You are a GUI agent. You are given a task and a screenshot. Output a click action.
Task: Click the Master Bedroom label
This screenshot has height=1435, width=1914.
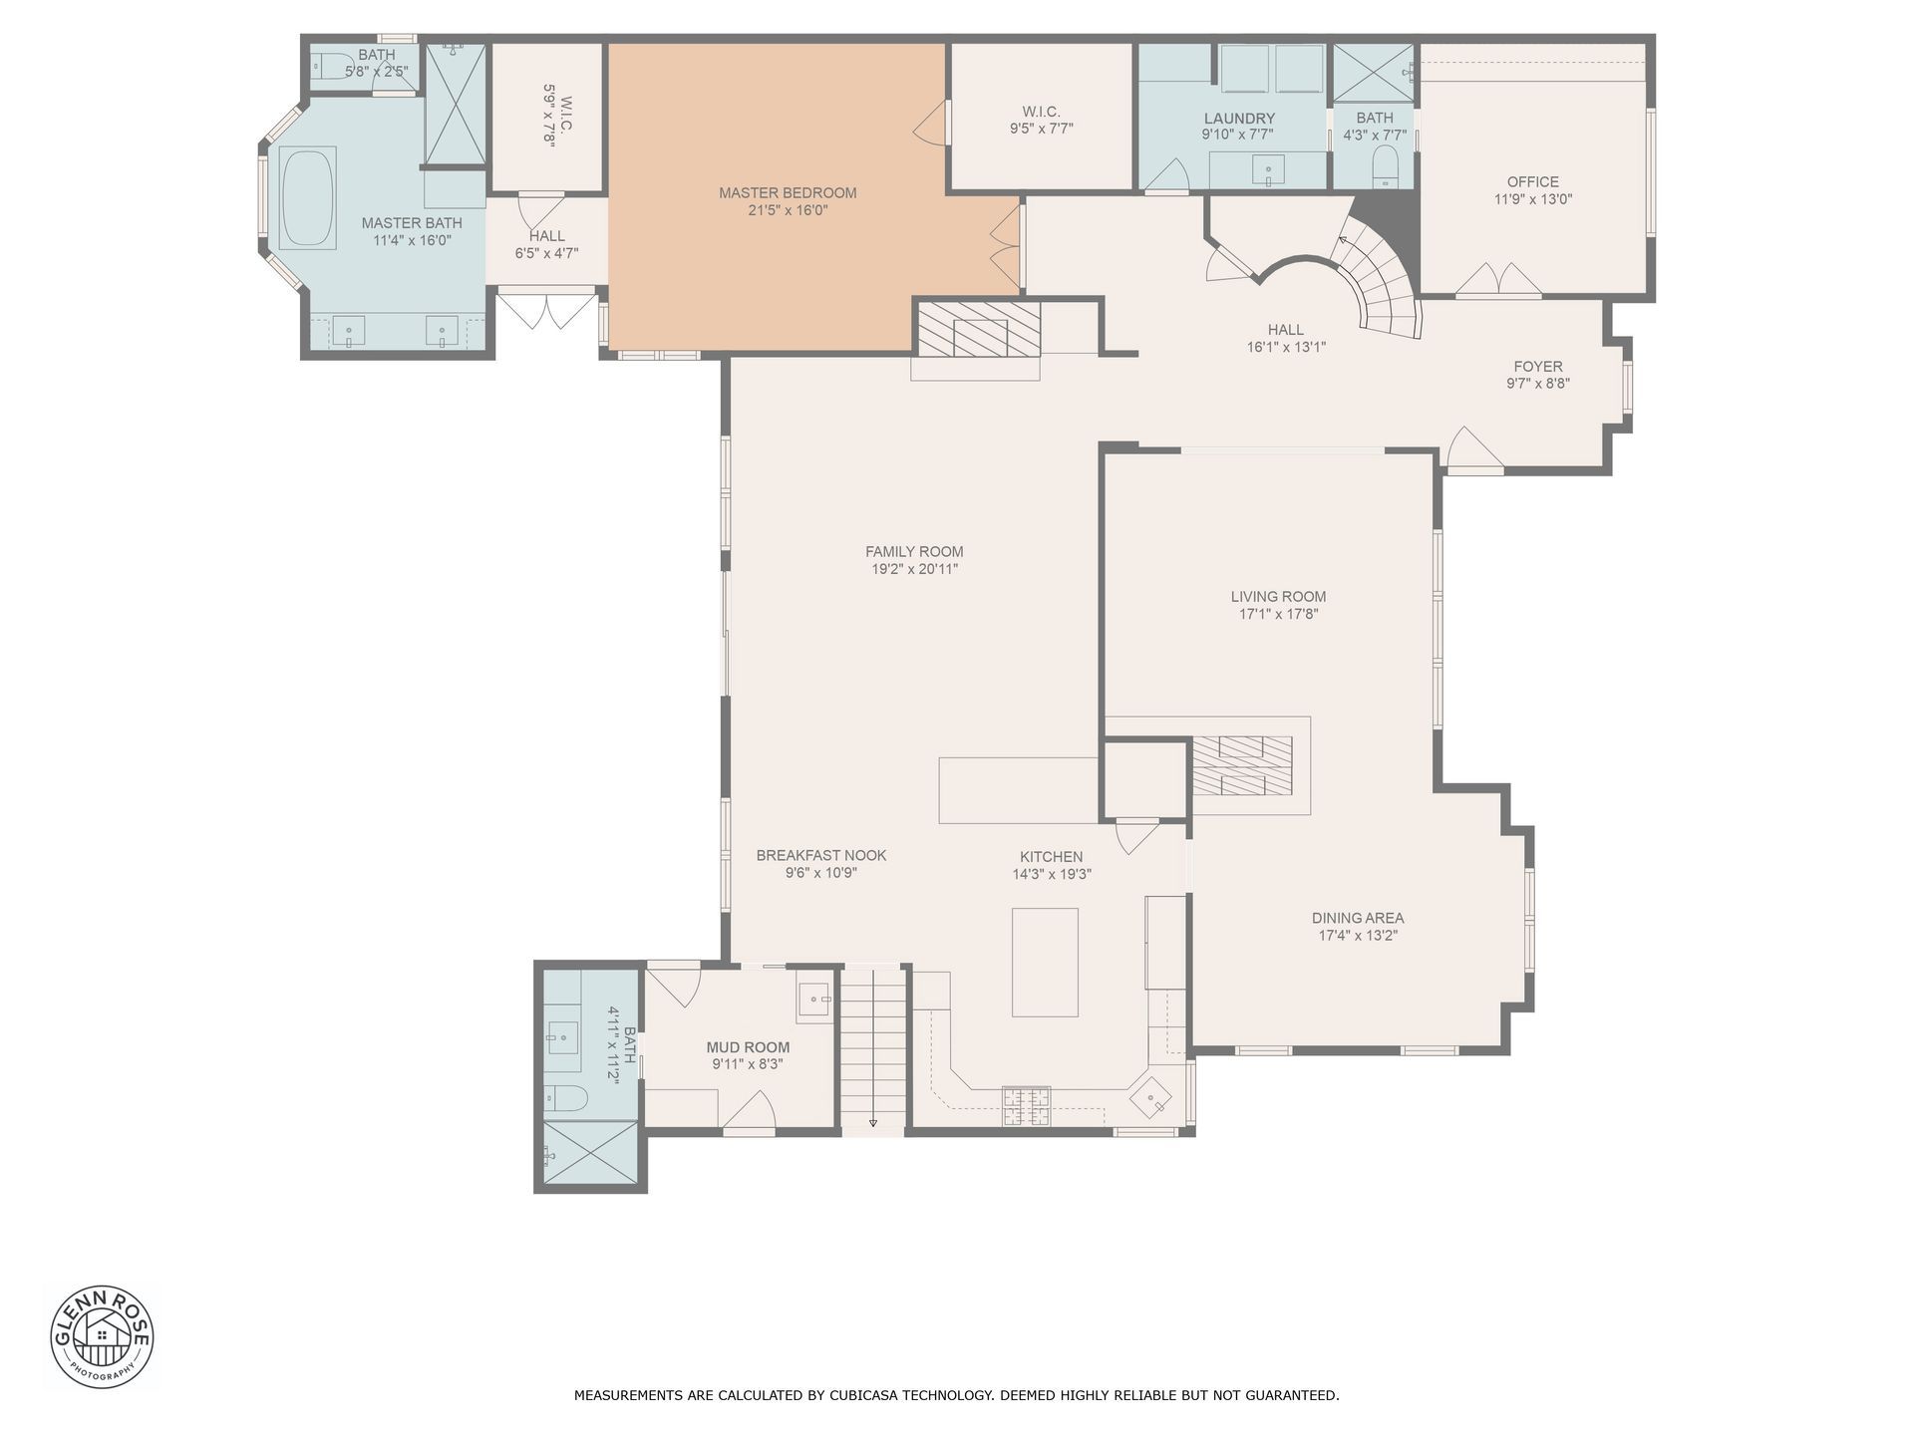click(788, 193)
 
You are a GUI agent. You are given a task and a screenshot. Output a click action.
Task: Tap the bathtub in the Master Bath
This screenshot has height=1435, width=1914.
click(308, 197)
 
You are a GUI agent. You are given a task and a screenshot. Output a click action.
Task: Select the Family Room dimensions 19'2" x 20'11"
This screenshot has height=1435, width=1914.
click(914, 569)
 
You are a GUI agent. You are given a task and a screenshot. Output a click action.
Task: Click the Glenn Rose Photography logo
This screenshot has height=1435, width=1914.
click(103, 1336)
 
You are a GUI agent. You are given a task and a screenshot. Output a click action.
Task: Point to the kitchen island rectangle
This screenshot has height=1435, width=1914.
click(1045, 962)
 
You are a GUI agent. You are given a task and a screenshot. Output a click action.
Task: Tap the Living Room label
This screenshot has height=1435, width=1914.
click(1278, 597)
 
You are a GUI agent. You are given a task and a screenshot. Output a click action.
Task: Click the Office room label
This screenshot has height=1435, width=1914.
click(1532, 181)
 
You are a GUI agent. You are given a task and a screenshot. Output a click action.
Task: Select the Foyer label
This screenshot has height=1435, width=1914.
click(1538, 366)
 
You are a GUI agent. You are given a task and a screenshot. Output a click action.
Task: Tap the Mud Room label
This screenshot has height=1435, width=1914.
click(748, 1047)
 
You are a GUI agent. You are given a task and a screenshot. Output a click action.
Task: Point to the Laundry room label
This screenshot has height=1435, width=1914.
click(1239, 119)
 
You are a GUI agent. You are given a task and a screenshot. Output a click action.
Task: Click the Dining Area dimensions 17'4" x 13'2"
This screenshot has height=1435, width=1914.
click(1358, 936)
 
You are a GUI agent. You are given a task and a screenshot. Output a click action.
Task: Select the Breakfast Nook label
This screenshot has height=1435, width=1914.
click(821, 855)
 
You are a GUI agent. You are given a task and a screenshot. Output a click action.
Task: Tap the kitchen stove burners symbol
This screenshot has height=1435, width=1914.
click(1026, 1106)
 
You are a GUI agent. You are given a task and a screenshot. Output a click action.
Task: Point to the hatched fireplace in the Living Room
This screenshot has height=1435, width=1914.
click(1242, 765)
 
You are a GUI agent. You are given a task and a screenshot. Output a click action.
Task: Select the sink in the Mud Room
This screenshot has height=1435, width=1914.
click(815, 1000)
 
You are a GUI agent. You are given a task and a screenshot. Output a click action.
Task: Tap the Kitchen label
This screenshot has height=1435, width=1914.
click(1051, 857)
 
